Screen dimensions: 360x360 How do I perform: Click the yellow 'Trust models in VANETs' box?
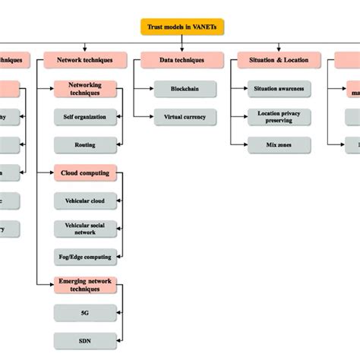182,27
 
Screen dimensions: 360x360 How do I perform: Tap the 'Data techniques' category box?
174,58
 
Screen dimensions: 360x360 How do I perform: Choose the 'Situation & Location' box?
270,58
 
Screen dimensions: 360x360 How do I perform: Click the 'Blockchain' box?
185,89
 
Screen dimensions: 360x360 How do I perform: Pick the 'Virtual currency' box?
185,117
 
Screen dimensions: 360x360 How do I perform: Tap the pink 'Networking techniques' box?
85,89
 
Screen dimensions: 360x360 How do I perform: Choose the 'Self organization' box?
85,117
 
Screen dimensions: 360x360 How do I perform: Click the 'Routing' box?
85,144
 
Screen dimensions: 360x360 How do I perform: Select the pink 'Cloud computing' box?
85,172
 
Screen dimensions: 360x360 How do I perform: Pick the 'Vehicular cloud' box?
85,201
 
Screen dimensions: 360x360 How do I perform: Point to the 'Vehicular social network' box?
85,229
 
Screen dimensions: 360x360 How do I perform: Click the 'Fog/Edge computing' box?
85,257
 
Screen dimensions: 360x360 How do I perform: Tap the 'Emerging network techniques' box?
85,285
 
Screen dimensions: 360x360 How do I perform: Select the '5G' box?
85,312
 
